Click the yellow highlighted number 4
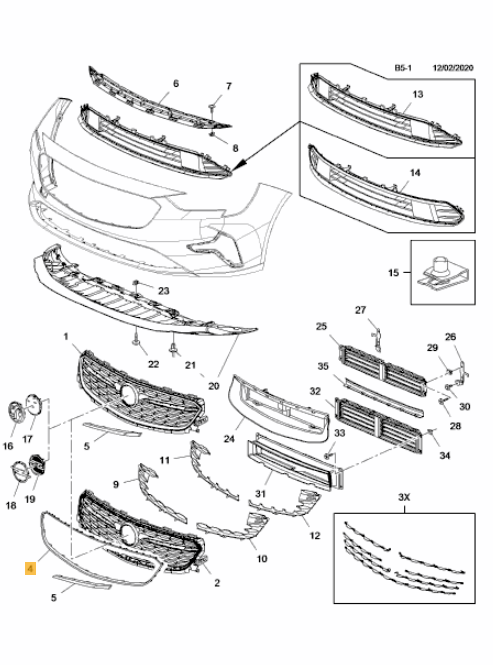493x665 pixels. [30, 568]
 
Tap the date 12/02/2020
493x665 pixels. [453, 68]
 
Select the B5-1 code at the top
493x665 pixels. [403, 68]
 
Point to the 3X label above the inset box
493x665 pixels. [404, 497]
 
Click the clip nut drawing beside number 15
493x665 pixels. [441, 274]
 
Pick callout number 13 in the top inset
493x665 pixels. [418, 94]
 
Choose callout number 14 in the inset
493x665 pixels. [415, 173]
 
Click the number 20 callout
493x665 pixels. [214, 386]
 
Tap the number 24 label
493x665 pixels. [229, 439]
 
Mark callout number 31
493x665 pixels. [261, 494]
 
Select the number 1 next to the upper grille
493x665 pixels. [66, 337]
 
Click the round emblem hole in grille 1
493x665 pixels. [129, 396]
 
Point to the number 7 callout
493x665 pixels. [229, 86]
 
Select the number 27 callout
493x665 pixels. [360, 310]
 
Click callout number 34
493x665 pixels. [444, 455]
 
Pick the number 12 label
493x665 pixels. [314, 536]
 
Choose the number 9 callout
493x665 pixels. [116, 484]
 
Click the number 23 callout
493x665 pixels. [164, 291]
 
